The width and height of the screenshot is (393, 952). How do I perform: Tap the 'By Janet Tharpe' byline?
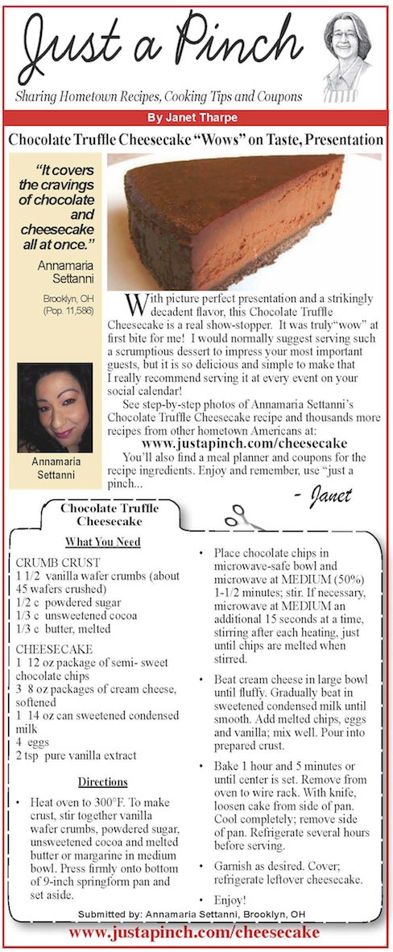coord(196,118)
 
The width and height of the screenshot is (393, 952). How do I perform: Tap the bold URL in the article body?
coord(244,443)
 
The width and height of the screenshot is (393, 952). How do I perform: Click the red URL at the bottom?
coord(196,933)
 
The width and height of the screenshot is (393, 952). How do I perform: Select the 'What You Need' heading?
coord(102,542)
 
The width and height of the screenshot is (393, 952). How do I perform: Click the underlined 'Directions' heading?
coord(102,781)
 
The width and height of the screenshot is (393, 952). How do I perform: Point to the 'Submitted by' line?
coord(196,915)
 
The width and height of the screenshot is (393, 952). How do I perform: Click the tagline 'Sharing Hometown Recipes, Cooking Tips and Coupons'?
coord(159,97)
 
